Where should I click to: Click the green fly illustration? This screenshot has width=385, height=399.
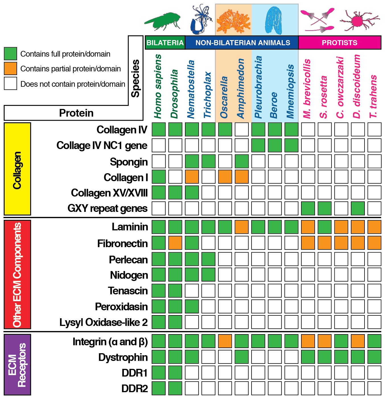pyautogui.click(x=163, y=21)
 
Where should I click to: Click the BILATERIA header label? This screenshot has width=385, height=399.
pyautogui.click(x=165, y=43)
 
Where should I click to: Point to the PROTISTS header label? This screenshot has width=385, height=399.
pyautogui.click(x=339, y=43)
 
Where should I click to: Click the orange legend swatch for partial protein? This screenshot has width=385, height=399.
pyautogui.click(x=11, y=69)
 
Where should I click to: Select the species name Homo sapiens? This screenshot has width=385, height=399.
pyautogui.click(x=158, y=86)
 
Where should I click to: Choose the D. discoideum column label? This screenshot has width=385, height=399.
pyautogui.click(x=357, y=86)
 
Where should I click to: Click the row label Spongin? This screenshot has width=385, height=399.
pyautogui.click(x=129, y=162)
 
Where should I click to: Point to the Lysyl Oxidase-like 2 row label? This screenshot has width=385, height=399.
pyautogui.click(x=104, y=322)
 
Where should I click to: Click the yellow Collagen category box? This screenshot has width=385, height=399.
pyautogui.click(x=17, y=169)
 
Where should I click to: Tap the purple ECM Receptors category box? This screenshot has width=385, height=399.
pyautogui.click(x=17, y=364)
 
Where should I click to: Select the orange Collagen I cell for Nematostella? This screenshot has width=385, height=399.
pyautogui.click(x=192, y=177)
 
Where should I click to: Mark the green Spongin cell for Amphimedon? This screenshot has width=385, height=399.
pyautogui.click(x=242, y=161)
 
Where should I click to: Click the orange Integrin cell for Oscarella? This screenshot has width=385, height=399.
pyautogui.click(x=225, y=341)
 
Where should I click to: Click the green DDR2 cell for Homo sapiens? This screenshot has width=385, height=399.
pyautogui.click(x=158, y=388)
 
